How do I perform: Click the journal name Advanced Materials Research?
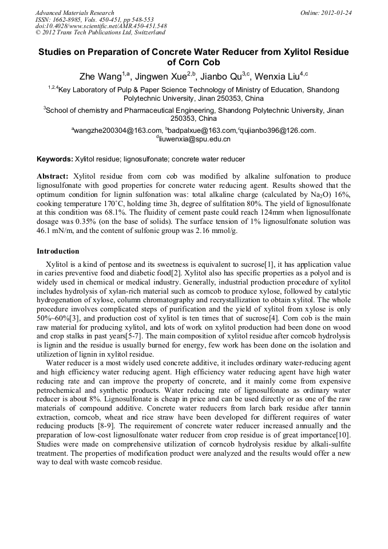click(74, 13)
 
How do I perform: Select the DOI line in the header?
click(101, 26)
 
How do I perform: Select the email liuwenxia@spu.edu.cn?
click(195, 139)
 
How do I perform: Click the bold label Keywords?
click(55, 159)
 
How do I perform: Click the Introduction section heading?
click(58, 251)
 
